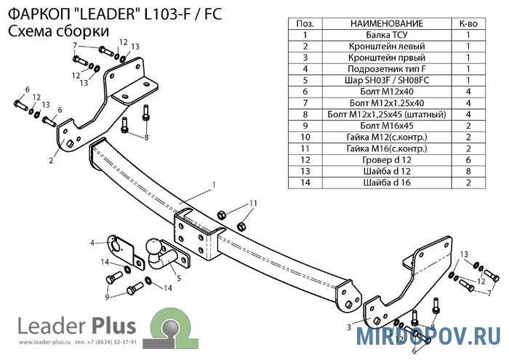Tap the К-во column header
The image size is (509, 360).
point(469,24)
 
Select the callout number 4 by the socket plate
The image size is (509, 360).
point(92,242)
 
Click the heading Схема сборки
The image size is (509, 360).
point(58,31)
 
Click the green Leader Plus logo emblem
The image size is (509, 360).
point(172,321)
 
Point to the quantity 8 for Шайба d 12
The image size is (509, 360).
point(469,171)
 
